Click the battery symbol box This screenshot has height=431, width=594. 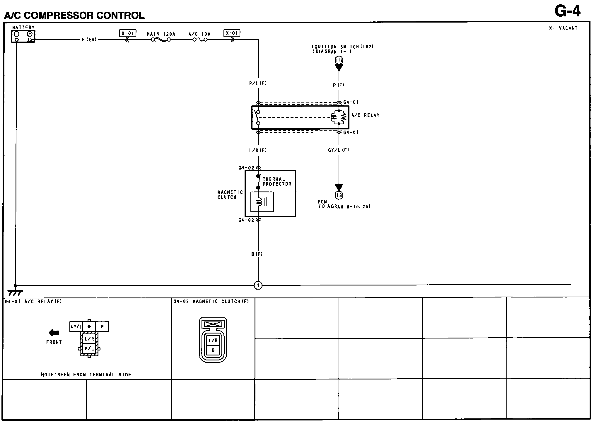(x=23, y=36)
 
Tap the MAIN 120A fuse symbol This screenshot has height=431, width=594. (x=161, y=40)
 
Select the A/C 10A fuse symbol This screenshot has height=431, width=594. (x=200, y=40)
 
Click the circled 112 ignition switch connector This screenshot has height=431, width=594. (x=339, y=60)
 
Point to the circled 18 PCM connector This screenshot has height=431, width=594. (x=339, y=195)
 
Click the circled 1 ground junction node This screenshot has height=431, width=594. (x=258, y=285)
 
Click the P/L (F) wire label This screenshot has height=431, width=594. (x=258, y=83)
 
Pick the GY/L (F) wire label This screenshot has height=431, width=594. (x=339, y=150)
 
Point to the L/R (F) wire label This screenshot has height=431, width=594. (x=258, y=150)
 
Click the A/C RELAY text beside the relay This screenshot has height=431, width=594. (x=366, y=115)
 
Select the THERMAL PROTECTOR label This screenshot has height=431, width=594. (x=277, y=182)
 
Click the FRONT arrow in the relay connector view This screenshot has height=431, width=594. (x=54, y=333)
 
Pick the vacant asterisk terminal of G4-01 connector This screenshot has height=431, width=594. (x=89, y=326)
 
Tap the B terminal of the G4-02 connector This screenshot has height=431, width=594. (x=213, y=350)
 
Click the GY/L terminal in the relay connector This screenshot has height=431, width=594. (x=76, y=326)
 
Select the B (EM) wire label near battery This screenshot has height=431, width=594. (x=89, y=40)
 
